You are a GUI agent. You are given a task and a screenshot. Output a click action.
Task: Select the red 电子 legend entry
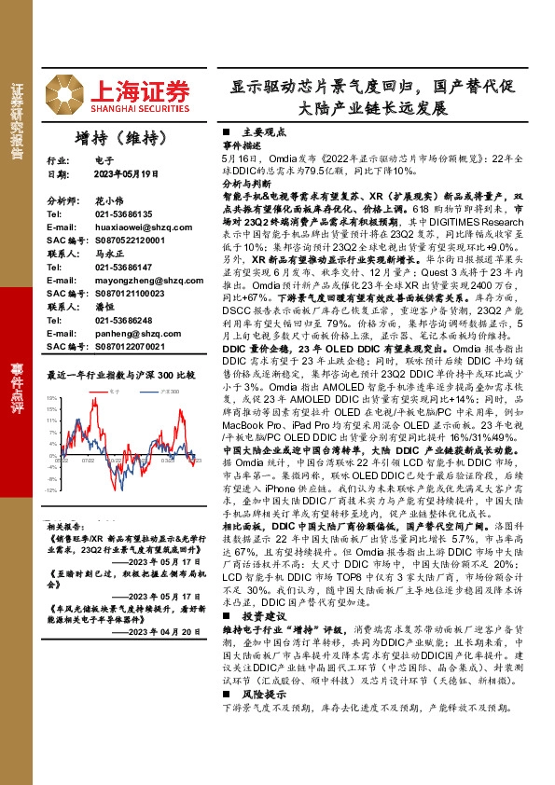111,392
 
